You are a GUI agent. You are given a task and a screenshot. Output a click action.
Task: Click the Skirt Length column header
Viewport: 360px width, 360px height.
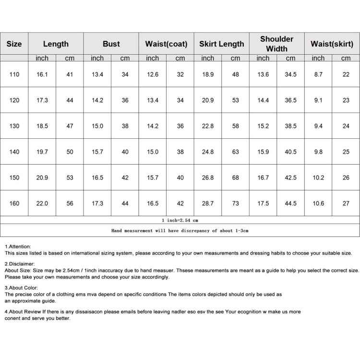222,44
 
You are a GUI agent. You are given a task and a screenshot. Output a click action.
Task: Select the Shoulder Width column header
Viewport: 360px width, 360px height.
276,44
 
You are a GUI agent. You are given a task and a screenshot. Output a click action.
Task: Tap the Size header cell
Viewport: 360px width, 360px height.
14,44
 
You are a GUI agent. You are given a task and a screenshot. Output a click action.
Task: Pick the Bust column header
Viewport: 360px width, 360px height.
111,44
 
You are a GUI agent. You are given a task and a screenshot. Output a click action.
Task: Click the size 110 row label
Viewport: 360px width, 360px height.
14,74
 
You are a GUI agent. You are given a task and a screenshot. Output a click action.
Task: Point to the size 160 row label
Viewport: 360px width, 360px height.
14,204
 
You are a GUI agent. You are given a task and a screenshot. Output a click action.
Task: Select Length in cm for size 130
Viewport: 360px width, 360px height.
70,126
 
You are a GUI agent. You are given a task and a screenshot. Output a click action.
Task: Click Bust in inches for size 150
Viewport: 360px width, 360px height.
97,178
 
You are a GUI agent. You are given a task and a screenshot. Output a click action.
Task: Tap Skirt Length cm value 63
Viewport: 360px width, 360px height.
235,152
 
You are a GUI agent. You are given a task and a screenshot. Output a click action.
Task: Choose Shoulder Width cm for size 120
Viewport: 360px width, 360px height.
290,100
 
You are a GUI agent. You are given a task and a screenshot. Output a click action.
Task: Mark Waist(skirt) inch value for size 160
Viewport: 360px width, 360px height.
318,204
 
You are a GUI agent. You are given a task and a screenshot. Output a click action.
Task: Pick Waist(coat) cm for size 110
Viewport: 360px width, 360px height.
180,74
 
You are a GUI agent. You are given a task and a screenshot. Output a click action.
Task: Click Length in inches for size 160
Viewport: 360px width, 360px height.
42,204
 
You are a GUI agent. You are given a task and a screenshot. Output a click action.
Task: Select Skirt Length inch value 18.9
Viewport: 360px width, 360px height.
208,74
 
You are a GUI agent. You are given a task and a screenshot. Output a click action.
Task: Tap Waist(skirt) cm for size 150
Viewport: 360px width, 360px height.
346,178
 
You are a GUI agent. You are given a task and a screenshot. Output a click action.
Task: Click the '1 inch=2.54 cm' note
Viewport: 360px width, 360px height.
180,220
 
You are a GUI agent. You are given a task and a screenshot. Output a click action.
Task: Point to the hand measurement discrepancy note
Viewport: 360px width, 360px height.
180,230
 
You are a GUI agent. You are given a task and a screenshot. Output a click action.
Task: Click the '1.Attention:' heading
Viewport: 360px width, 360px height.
18,246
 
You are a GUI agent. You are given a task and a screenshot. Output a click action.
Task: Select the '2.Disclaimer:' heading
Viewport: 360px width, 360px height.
20,264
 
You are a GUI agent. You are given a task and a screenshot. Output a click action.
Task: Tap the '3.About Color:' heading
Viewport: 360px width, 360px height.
22,288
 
